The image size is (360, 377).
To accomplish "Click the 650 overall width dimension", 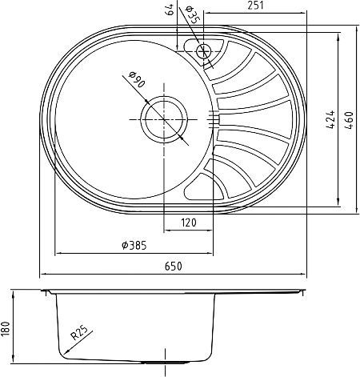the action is pyautogui.click(x=174, y=266).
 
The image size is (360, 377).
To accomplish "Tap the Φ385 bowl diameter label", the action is pyautogui.click(x=134, y=245).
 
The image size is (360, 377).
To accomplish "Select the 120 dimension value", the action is pyautogui.click(x=189, y=223).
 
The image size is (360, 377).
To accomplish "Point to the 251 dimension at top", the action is pyautogui.click(x=255, y=6).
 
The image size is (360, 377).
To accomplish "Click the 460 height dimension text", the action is pyautogui.click(x=349, y=120).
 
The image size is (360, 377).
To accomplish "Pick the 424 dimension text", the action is pyautogui.click(x=330, y=119).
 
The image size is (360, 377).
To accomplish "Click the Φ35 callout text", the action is pyautogui.click(x=193, y=15).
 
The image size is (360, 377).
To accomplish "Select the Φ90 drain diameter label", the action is pyautogui.click(x=137, y=80).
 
